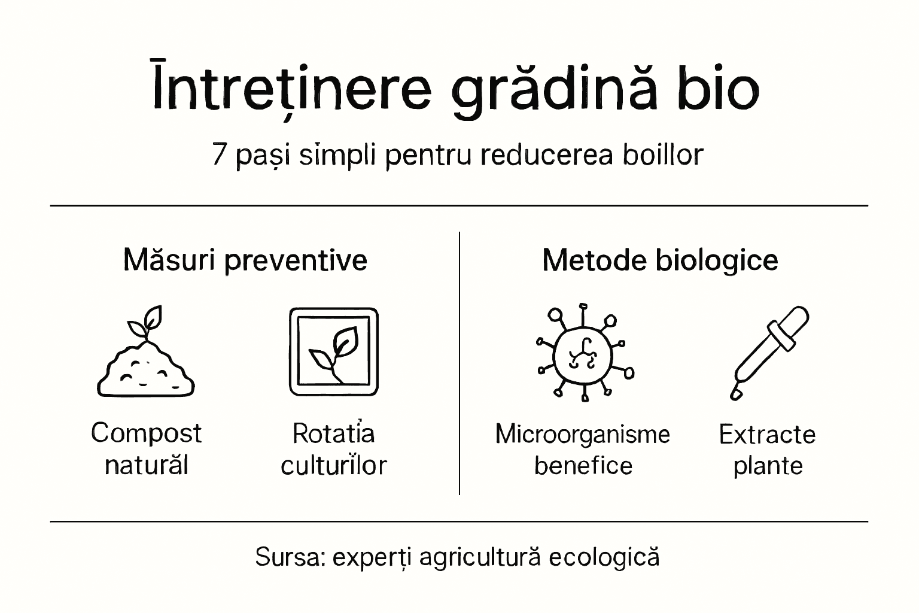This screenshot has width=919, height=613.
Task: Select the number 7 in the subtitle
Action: coord(220,156)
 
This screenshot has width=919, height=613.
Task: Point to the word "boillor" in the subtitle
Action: coord(663,154)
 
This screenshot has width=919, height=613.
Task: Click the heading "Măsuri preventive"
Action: coord(245,260)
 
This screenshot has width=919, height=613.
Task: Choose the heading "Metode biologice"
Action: coord(660,260)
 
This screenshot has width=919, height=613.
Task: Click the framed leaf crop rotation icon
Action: coord(334,352)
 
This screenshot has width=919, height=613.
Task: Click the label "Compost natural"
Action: coord(146,449)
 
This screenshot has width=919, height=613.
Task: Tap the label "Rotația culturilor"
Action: coord(334,449)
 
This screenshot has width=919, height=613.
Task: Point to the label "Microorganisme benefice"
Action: coord(583,450)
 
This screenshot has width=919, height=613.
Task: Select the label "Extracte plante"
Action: coord(768,450)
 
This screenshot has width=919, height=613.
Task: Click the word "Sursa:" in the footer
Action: coord(290,557)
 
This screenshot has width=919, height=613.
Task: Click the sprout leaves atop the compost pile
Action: coord(145,321)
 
